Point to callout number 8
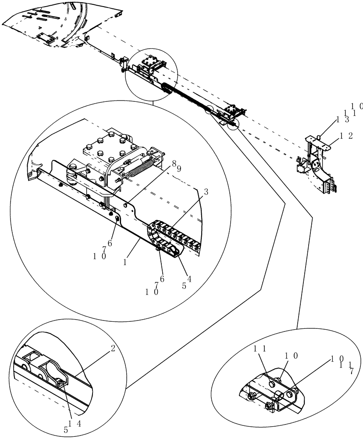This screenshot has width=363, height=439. [174, 163]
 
